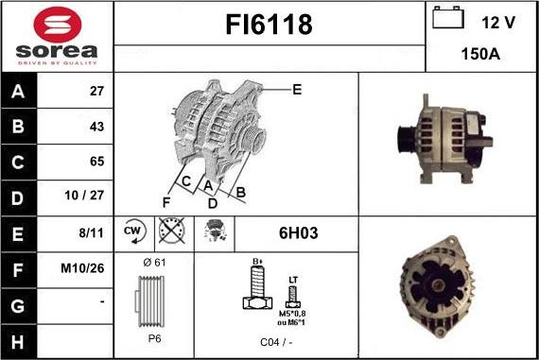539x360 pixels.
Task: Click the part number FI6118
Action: pyautogui.click(x=269, y=26)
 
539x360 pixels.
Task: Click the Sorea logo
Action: pyautogui.click(x=57, y=36)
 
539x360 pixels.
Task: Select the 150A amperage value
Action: pyautogui.click(x=480, y=55)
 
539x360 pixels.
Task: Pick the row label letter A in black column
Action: pyautogui.click(x=19, y=92)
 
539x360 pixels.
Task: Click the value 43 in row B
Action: pyautogui.click(x=96, y=127)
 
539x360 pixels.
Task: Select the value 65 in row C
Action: pyautogui.click(x=96, y=162)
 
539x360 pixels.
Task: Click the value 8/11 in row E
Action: pyautogui.click(x=93, y=231)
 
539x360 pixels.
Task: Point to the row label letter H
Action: pyautogui.click(x=19, y=338)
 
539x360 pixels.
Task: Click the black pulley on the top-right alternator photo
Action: pyautogui.click(x=402, y=142)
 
